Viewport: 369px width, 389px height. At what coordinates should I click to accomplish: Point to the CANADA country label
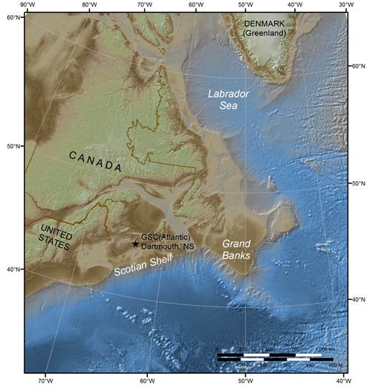point(96,160)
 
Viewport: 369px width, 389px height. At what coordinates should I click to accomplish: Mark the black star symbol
point(135,244)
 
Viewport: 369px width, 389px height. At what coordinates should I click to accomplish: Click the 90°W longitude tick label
point(27,5)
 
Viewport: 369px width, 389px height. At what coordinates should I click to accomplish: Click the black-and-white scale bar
point(274,356)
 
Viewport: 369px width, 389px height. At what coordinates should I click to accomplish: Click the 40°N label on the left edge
point(14,270)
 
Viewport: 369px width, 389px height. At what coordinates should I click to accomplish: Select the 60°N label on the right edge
point(356,66)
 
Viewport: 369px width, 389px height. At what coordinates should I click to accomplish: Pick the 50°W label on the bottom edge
point(245,379)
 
